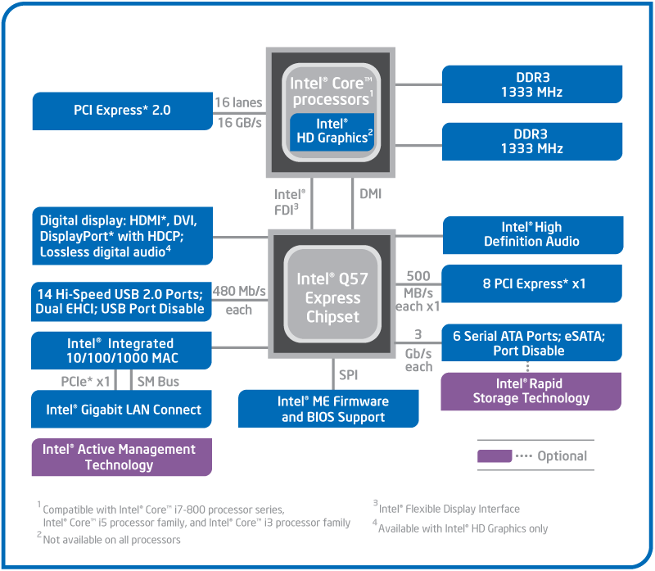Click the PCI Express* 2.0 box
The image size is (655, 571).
[122, 110]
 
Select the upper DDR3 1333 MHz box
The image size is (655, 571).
[531, 84]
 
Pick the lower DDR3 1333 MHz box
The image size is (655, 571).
[531, 141]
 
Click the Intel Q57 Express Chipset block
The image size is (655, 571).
[332, 296]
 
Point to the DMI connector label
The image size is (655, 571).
[370, 194]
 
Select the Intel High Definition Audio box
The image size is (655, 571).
[531, 234]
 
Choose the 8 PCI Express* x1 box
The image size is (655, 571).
[531, 284]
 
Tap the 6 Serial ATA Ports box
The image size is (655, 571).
[531, 342]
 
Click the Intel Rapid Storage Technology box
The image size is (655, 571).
[531, 391]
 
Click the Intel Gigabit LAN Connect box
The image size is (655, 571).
[122, 410]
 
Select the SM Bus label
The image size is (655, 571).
[157, 381]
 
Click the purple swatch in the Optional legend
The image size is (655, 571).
[495, 456]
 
